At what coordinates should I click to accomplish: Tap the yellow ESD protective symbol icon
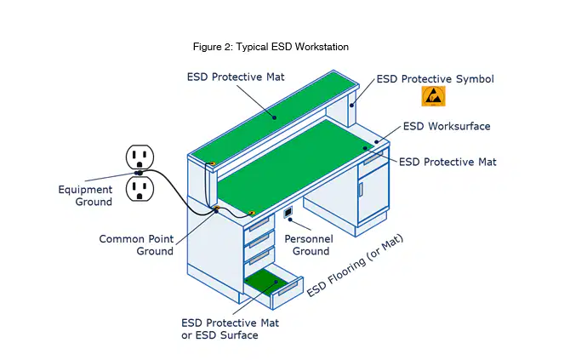coord(433,96)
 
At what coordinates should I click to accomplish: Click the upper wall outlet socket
coord(140,157)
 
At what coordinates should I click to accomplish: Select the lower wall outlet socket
coord(140,189)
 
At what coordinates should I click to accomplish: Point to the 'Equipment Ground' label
coord(85,196)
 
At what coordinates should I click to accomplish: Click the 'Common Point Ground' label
coord(136,245)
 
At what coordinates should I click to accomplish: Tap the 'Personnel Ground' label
coord(309,245)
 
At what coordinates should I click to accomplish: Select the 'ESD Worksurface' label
coord(447,126)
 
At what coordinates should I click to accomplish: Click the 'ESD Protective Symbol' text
coord(435,79)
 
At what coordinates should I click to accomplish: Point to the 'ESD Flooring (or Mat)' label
coord(355,266)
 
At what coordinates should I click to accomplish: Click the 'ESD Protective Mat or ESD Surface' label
coord(230,329)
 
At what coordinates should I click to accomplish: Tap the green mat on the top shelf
coord(275,117)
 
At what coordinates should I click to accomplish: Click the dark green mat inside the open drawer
coord(263,281)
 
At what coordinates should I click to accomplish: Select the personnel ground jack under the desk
coord(288,212)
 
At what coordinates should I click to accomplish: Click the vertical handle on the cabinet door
coord(361,189)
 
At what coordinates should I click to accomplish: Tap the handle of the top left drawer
coord(259,224)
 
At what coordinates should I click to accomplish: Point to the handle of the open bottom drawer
coord(288,289)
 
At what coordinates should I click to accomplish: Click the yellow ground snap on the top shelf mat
coord(213,163)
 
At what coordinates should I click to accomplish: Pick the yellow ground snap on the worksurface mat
coord(251,213)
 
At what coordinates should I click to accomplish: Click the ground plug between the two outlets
coord(139,173)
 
